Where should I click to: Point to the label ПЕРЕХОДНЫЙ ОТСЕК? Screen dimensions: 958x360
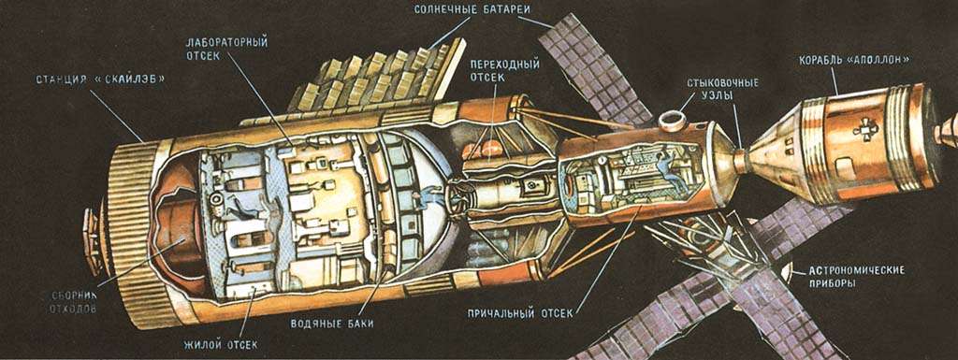pos(504,70)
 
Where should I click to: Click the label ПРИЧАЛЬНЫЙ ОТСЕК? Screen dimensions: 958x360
pos(519,313)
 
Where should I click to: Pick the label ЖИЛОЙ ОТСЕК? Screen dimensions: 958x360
pos(220,345)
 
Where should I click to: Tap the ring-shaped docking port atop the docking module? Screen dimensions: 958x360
pos(670,121)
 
